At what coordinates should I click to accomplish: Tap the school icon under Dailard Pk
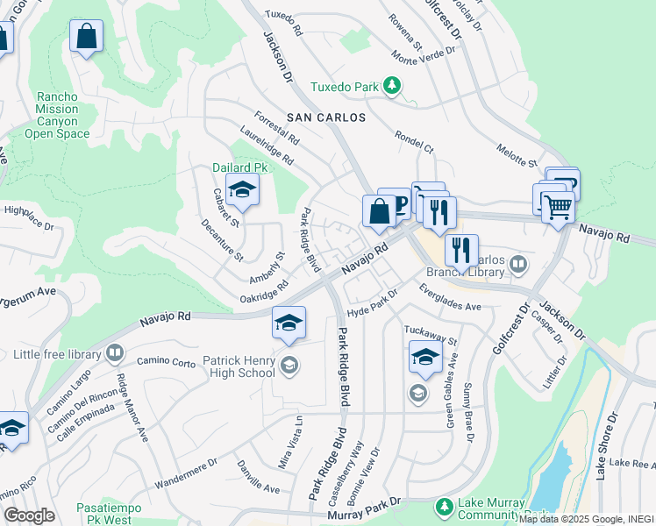tap(242, 189)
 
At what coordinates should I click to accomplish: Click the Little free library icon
tap(114, 354)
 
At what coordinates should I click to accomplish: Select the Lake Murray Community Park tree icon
tap(445, 507)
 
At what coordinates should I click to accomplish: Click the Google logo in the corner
tap(29, 515)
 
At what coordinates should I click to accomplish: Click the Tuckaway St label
tap(431, 334)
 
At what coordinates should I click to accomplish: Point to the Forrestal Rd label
tap(276, 128)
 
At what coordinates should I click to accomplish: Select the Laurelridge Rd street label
tap(267, 148)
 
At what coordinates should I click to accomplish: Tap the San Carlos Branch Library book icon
tap(518, 264)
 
